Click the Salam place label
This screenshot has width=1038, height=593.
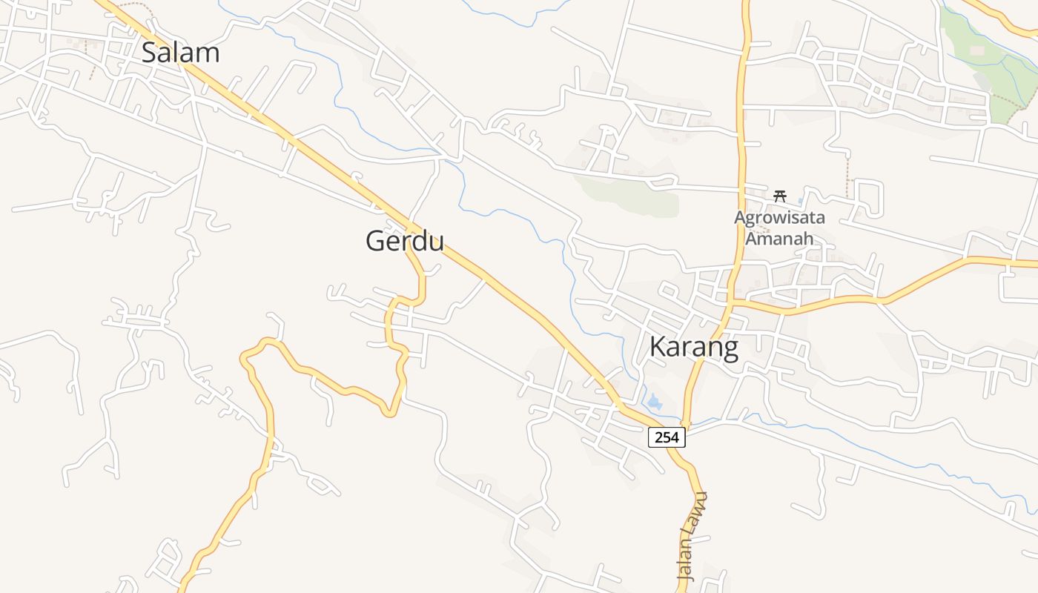[180, 53]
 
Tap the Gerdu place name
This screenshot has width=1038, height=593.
[404, 241]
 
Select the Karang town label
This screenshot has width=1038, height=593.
[694, 347]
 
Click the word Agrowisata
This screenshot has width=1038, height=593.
[779, 219]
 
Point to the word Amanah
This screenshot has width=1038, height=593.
[779, 238]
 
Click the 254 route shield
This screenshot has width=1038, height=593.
[667, 437]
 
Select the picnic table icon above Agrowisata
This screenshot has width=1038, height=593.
[779, 196]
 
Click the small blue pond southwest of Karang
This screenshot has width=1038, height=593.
[654, 403]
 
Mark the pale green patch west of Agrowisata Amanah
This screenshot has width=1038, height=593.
[630, 196]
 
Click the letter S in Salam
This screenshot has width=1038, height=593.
[150, 53]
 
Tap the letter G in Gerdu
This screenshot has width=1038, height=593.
[377, 241]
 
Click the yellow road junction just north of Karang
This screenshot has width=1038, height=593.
[730, 301]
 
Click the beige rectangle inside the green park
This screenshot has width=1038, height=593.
[976, 50]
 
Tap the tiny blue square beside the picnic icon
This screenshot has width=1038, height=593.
[801, 200]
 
